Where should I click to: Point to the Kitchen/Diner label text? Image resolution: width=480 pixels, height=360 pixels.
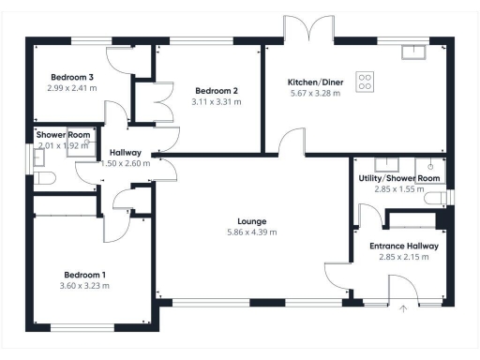pyautogui.click(x=313, y=82)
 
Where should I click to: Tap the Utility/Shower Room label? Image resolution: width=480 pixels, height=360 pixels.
pyautogui.click(x=399, y=178)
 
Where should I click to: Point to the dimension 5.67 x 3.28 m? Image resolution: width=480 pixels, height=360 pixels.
pyautogui.click(x=313, y=94)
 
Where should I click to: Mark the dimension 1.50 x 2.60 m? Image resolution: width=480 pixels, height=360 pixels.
pyautogui.click(x=125, y=163)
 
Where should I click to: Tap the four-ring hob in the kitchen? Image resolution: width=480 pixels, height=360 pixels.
pyautogui.click(x=365, y=82)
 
